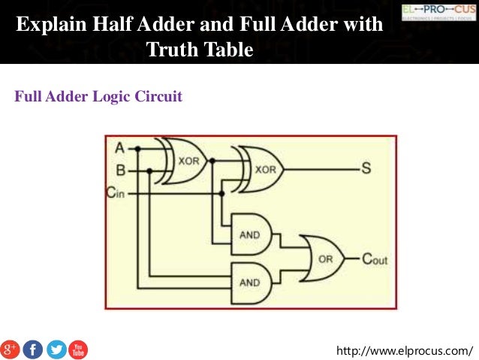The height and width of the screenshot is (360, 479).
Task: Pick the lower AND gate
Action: (251, 283)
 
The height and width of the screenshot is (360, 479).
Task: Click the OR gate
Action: (322, 259)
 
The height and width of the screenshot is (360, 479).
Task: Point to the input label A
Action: (119, 147)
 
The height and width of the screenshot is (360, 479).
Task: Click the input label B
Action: (119, 171)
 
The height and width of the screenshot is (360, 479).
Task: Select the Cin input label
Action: (114, 193)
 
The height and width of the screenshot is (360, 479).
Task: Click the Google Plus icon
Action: (10, 349)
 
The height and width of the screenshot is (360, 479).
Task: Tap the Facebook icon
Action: (33, 349)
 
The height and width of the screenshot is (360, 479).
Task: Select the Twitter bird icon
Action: (56, 349)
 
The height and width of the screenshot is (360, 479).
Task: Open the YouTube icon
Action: (78, 349)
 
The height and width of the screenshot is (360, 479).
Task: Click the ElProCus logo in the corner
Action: (438, 13)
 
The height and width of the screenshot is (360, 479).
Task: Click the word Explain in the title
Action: (50, 26)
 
